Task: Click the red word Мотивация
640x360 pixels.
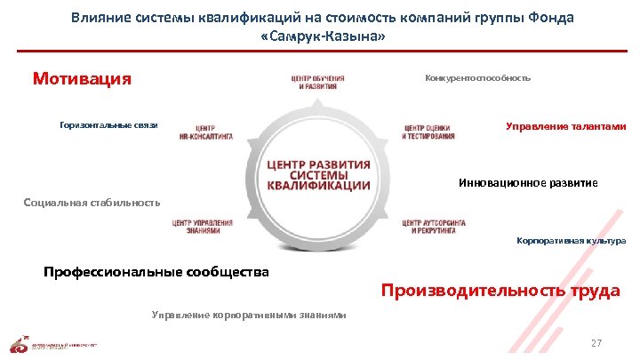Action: pyautogui.click(x=81, y=79)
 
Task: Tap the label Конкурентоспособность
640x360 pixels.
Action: pyautogui.click(x=478, y=78)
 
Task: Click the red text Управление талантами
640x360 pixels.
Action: pyautogui.click(x=565, y=126)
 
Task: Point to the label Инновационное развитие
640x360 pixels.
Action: pyautogui.click(x=528, y=182)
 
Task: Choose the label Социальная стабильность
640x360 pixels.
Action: pyautogui.click(x=92, y=203)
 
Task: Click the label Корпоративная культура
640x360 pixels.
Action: pyautogui.click(x=571, y=241)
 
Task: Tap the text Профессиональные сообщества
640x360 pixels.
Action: pyautogui.click(x=156, y=271)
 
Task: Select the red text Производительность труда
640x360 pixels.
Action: pyautogui.click(x=500, y=291)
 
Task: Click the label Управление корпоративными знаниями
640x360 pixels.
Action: pyautogui.click(x=249, y=315)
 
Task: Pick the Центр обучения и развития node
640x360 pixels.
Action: pyautogui.click(x=317, y=82)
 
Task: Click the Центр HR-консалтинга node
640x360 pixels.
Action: pyautogui.click(x=205, y=132)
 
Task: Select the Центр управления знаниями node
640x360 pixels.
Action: pyautogui.click(x=203, y=226)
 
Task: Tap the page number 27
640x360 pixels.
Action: pyautogui.click(x=596, y=343)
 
